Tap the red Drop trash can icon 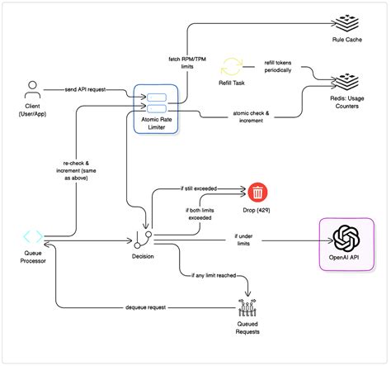[258, 193]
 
